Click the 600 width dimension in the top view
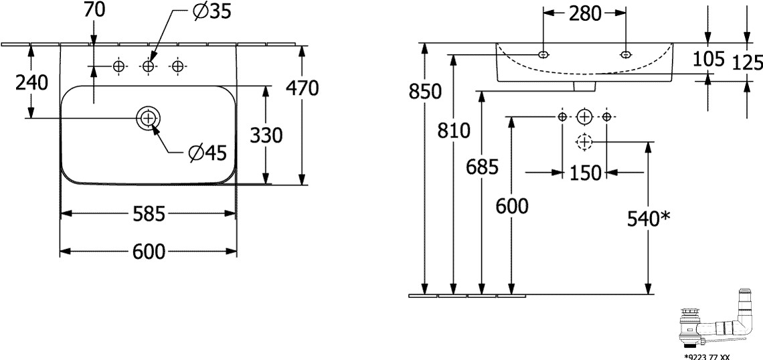[x=149, y=252]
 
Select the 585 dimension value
[x=149, y=214]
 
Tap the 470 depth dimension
[x=302, y=88]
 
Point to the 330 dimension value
[x=266, y=135]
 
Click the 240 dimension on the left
[x=31, y=83]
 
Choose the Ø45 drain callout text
[x=204, y=154]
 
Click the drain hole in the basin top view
[x=148, y=118]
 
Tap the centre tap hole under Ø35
[x=148, y=66]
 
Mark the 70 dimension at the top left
[x=94, y=10]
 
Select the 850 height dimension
[x=425, y=92]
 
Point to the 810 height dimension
[x=454, y=131]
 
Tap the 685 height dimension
[x=482, y=167]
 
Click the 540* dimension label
[x=649, y=218]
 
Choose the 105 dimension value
[x=709, y=60]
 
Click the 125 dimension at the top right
[x=748, y=62]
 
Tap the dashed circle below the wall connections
[x=584, y=142]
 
